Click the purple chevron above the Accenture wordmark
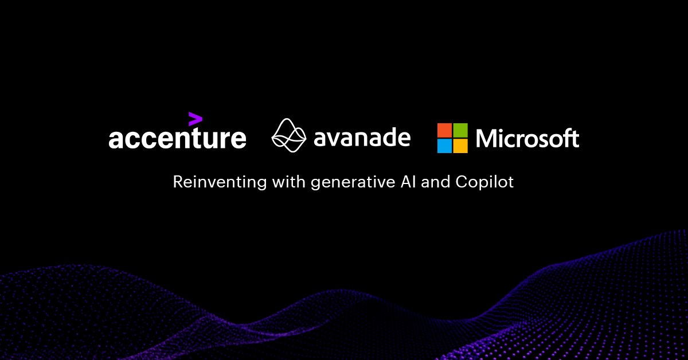pos(195,119)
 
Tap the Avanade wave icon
pos(289,136)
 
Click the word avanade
pos(362,137)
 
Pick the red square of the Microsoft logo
pos(444,130)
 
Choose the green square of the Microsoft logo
pos(460,130)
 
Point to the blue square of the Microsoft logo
pos(444,146)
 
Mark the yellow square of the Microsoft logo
pos(460,146)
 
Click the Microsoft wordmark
pos(527,138)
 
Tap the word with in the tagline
pos(290,182)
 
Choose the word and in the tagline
pos(436,182)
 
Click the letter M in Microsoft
pos(486,138)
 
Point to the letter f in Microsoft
pos(566,138)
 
